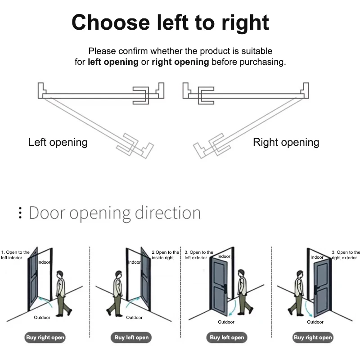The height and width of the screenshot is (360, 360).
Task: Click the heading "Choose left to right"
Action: (170, 22)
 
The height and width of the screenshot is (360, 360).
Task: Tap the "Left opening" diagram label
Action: (58, 143)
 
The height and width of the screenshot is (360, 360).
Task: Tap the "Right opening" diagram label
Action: (286, 143)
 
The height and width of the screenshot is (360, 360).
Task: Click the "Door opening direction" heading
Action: (115, 212)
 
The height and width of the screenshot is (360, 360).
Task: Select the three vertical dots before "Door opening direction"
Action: (20, 213)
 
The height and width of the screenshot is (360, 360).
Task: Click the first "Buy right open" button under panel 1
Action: (45, 337)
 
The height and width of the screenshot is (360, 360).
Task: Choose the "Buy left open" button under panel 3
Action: (227, 337)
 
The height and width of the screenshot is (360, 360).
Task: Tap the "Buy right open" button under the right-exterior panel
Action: (313, 337)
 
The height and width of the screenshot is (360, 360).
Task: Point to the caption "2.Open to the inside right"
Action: (165, 255)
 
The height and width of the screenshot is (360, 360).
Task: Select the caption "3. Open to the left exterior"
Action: (198, 255)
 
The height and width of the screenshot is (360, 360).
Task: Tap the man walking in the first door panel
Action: (62, 292)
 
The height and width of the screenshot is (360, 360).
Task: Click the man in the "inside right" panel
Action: (117, 292)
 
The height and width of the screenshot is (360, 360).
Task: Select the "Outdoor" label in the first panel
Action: (42, 318)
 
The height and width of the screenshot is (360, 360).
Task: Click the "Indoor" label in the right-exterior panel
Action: (317, 257)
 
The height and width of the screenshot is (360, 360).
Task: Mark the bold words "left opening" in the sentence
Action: (113, 62)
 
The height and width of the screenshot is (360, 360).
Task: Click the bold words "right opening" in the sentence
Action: (180, 62)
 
